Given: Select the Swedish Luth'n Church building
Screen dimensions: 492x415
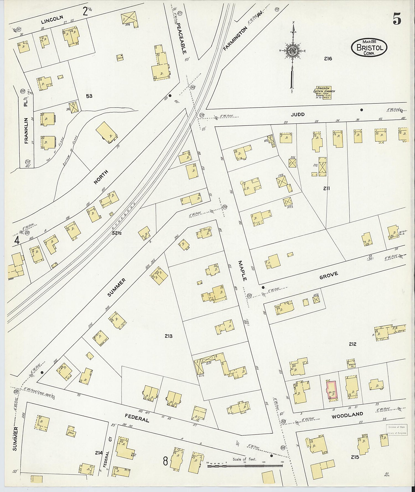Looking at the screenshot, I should [324, 93].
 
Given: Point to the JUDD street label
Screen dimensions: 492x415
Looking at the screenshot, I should [298, 114].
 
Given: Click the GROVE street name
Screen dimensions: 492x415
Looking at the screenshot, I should [329, 275].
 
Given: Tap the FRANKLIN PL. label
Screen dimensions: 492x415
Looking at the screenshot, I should [26, 122].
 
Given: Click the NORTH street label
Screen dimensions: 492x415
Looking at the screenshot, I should [101, 177].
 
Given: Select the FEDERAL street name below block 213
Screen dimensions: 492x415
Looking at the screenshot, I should [137, 418].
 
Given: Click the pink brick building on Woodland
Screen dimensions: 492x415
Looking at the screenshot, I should [332, 390].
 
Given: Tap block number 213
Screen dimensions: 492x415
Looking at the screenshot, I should [168, 336].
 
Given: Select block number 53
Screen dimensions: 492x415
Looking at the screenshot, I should [89, 96].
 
